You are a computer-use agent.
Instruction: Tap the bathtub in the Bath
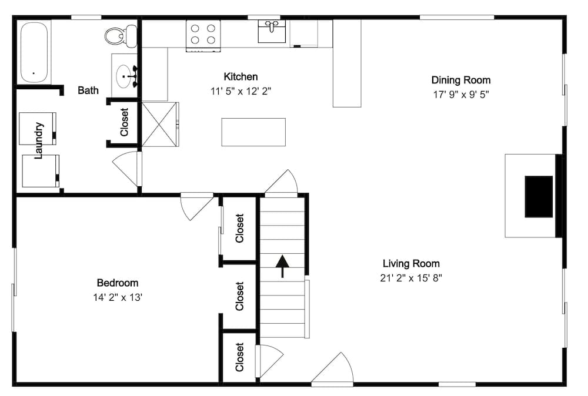click(35, 53)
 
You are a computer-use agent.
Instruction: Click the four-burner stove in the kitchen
click(203, 35)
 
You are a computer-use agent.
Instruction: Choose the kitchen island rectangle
click(253, 132)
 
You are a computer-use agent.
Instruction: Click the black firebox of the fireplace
click(539, 196)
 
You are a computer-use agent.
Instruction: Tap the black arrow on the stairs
click(283, 266)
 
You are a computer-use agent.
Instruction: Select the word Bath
click(88, 90)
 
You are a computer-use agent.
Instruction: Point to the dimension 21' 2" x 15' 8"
click(411, 278)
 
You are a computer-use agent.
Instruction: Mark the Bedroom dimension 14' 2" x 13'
click(118, 297)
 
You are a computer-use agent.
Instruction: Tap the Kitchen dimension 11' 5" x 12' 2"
click(240, 91)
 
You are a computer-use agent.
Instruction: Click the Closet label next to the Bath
click(124, 122)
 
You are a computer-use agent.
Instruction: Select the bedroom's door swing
click(195, 206)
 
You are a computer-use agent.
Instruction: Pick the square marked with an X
click(160, 124)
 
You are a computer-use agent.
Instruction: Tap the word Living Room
click(411, 264)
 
